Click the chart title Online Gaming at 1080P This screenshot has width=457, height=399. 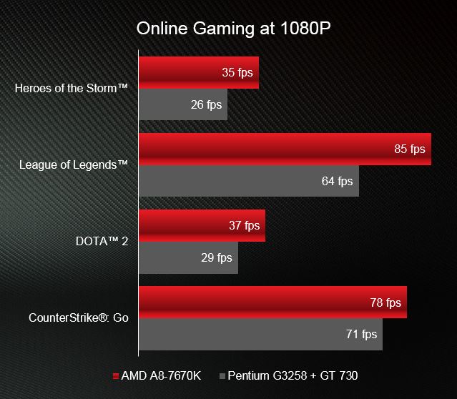tap(233, 29)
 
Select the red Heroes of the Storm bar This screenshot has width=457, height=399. tap(199, 72)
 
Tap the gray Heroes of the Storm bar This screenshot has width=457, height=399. tap(183, 104)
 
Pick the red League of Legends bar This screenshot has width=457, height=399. tap(285, 149)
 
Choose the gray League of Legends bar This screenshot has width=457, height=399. tap(249, 181)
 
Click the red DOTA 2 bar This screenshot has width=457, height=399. tap(202, 225)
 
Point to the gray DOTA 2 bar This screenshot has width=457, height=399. tap(188, 257)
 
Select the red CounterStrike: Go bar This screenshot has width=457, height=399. tap(272, 302)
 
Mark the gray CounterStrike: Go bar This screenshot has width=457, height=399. tap(260, 334)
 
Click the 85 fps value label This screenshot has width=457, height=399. tap(409, 149)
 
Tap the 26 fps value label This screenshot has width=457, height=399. tap(207, 105)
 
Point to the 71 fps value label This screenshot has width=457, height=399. tap(361, 334)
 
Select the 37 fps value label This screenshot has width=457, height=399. tap(245, 226)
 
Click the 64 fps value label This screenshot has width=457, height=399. tap(338, 182)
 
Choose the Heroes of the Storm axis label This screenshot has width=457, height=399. tap(72, 89)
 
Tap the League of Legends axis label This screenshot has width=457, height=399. tap(74, 165)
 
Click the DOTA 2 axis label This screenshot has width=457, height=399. tap(102, 242)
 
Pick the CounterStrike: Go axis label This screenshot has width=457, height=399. tap(79, 317)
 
